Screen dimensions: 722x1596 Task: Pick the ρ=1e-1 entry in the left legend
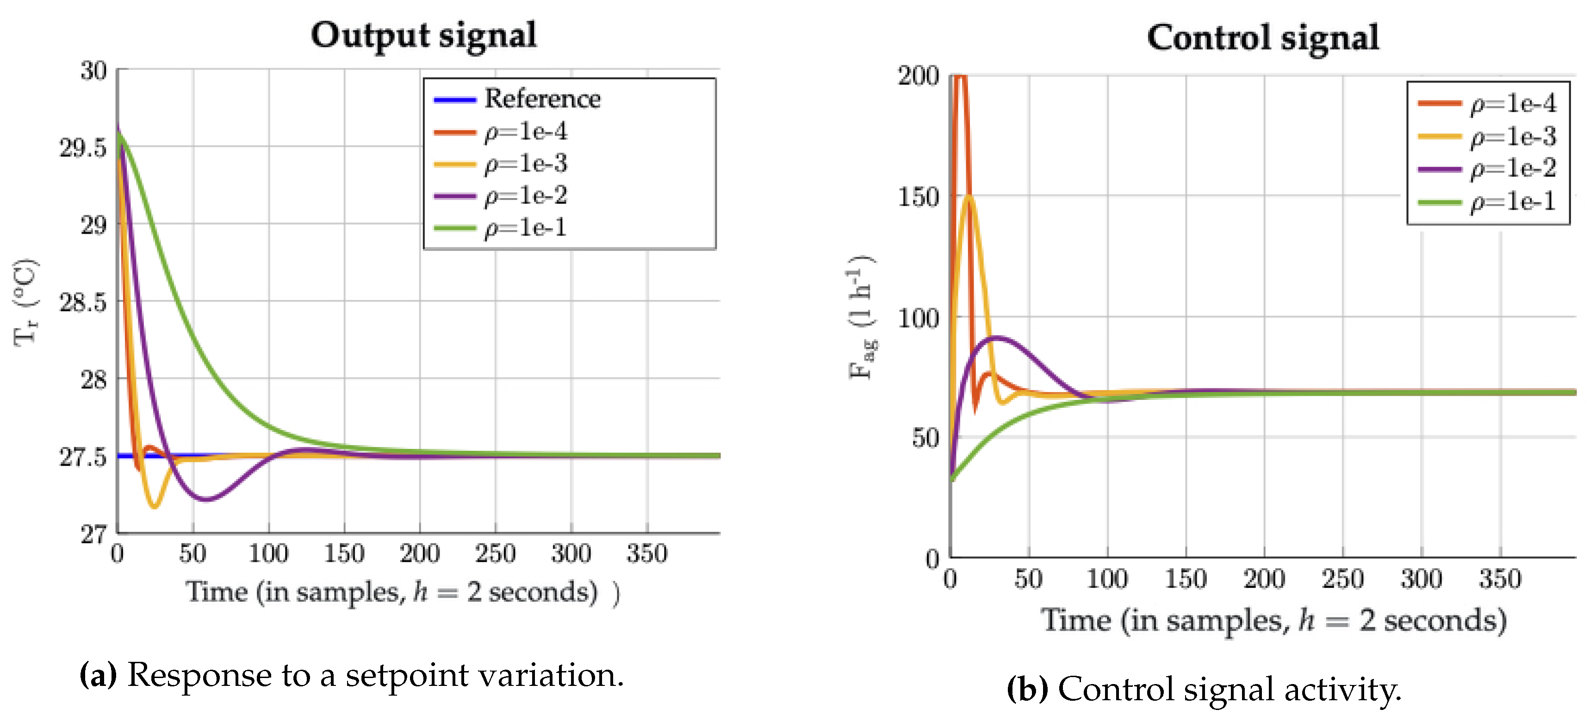[x=525, y=227]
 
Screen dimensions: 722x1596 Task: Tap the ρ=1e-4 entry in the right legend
[x=1512, y=103]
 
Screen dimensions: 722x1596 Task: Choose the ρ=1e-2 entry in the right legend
[x=1512, y=168]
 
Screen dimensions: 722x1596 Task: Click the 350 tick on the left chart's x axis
[x=647, y=553]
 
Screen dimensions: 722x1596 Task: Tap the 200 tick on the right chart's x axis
[x=1264, y=578]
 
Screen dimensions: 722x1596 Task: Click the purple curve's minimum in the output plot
[x=207, y=499]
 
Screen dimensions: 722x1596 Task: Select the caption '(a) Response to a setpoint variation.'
[x=351, y=674]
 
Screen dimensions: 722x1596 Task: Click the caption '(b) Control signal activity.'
[x=1203, y=689]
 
